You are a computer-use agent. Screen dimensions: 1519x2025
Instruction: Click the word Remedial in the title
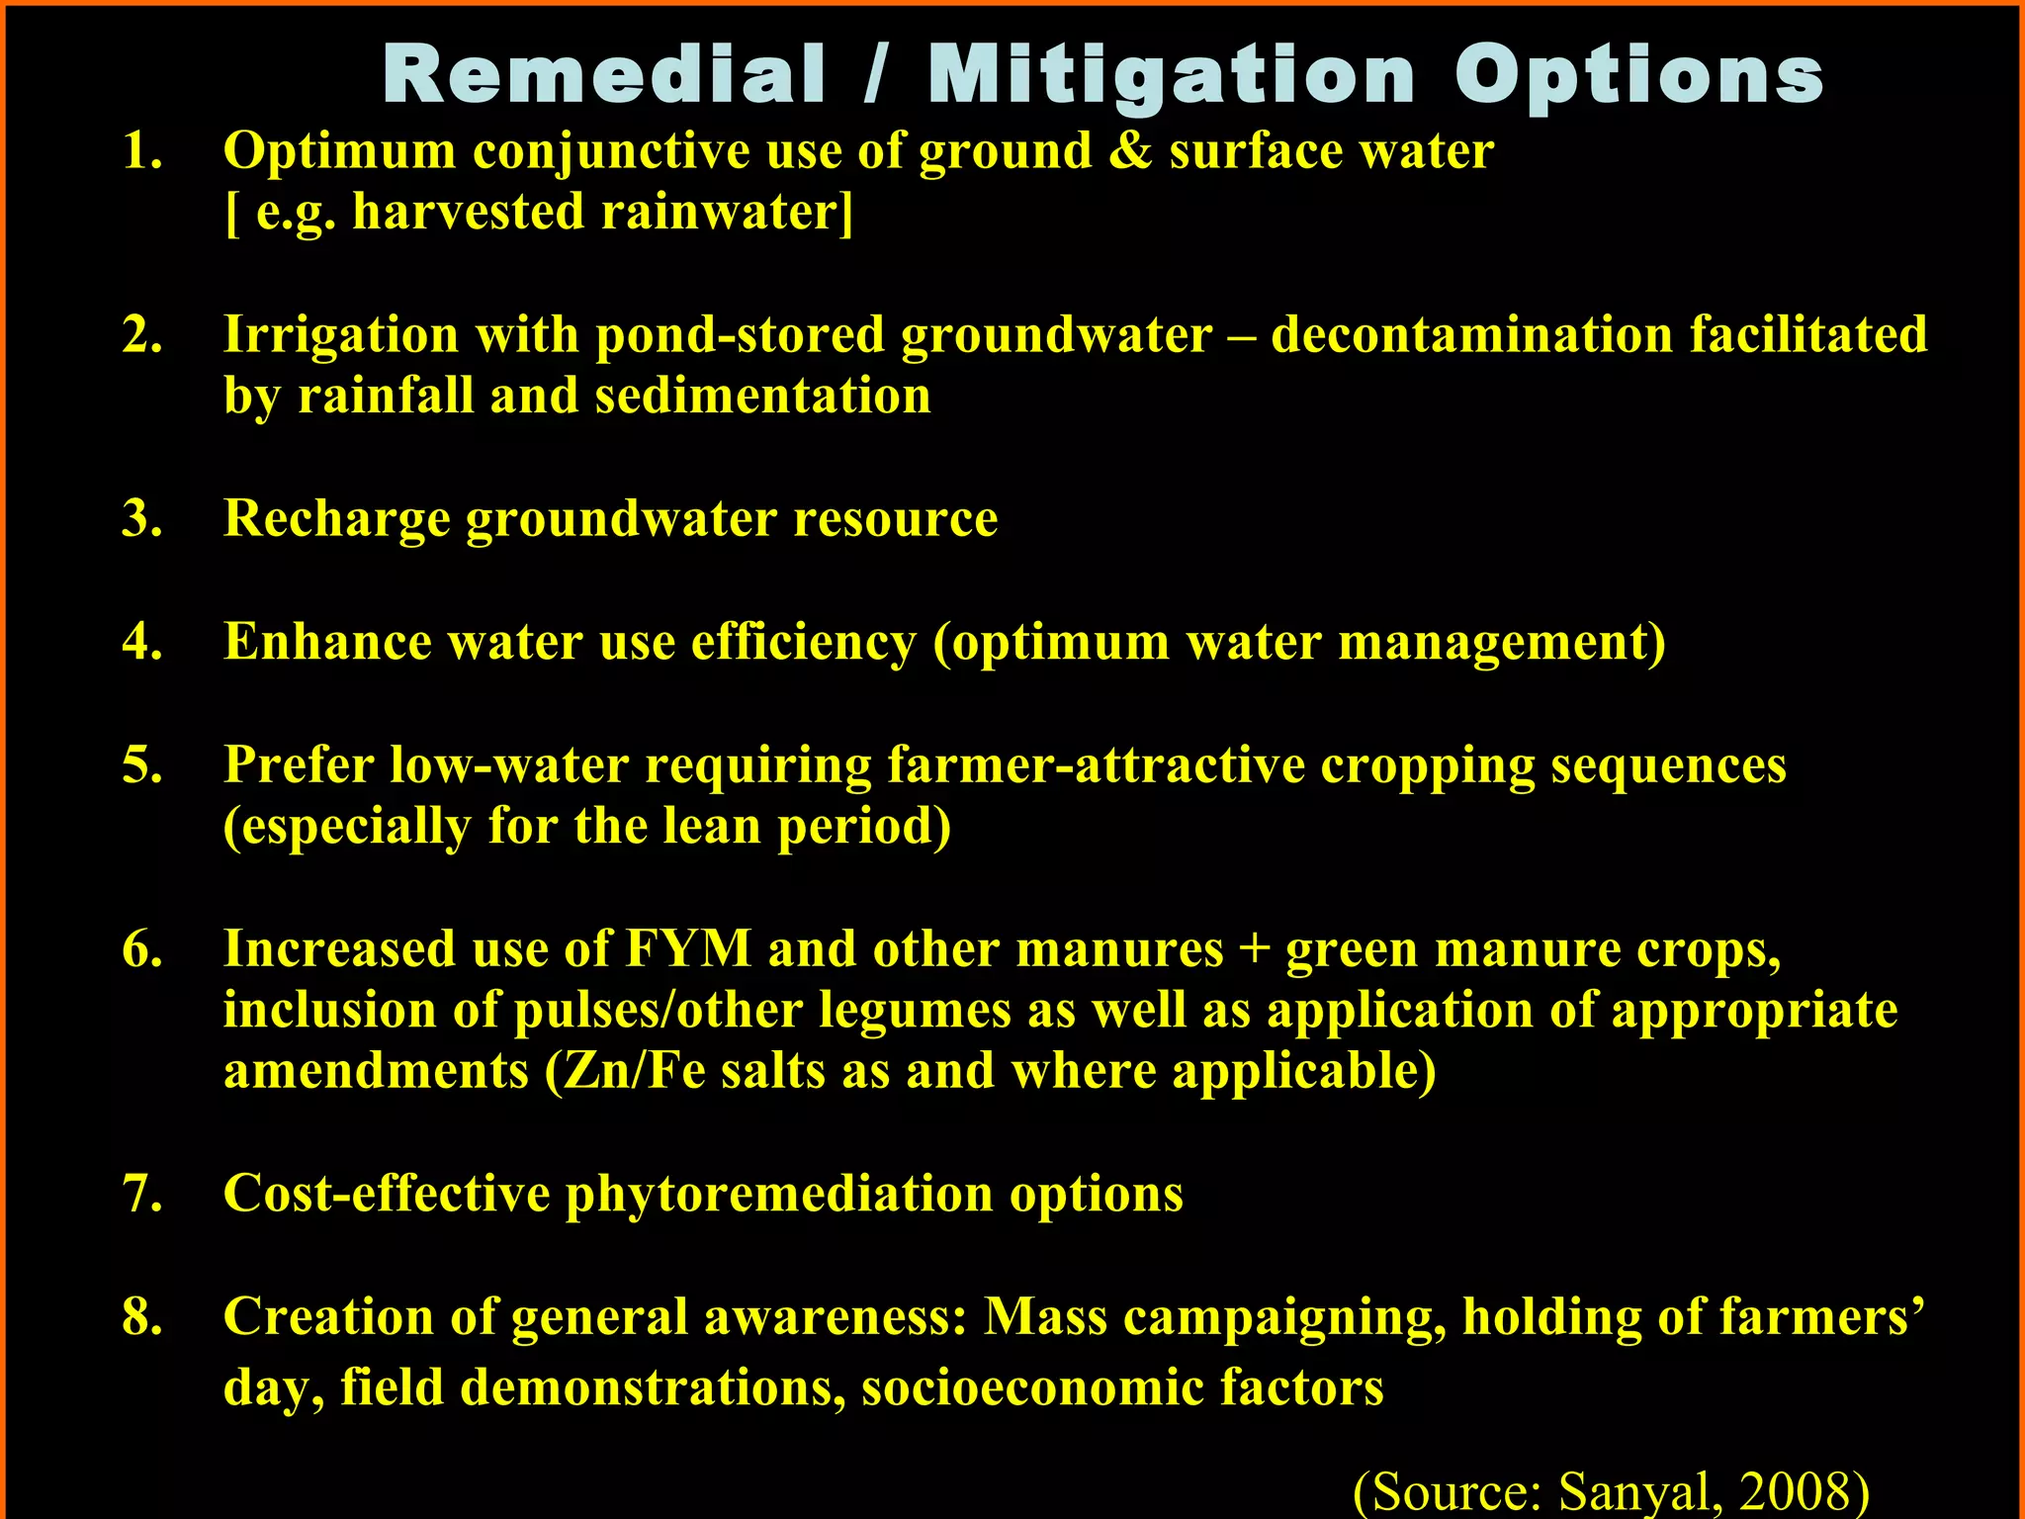604,75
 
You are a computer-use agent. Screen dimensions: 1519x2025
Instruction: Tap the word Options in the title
1638,77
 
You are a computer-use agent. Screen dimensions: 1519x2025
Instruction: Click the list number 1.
141,151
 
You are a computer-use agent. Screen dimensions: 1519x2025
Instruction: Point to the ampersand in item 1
1130,151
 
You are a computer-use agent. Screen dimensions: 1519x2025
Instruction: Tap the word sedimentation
762,396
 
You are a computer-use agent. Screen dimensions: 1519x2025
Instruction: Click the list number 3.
141,518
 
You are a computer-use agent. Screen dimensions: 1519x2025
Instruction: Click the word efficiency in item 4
803,642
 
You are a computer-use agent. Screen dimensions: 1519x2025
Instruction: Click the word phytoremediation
779,1194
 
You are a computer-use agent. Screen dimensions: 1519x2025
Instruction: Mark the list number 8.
141,1316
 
